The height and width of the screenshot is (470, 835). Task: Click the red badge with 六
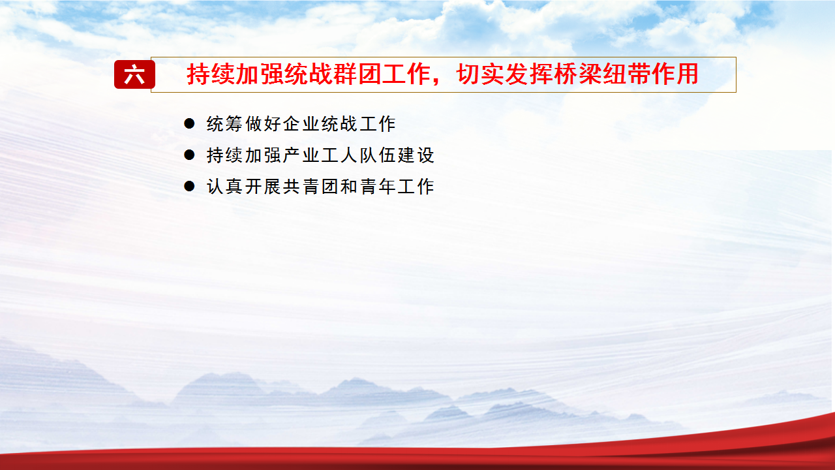pos(134,74)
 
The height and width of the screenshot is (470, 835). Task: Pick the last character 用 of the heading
pos(687,74)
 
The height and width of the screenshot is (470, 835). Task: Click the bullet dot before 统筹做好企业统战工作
pos(189,123)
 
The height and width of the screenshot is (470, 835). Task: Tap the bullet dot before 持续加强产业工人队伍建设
pos(189,155)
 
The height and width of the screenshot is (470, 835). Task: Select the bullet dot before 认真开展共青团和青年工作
pos(189,186)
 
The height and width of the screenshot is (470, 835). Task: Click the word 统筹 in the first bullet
pos(224,124)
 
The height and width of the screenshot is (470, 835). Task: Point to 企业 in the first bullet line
pos(301,124)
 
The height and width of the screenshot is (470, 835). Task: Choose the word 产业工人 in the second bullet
pos(320,155)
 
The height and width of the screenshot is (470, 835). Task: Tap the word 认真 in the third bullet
pos(224,187)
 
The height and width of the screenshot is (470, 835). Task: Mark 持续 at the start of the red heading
pos(211,74)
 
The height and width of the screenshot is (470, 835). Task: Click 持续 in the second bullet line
pos(224,155)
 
